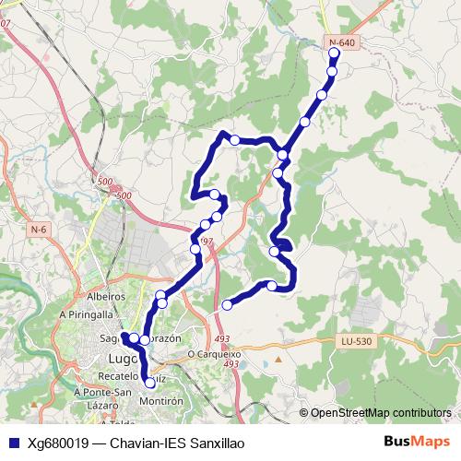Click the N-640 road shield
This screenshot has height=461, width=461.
340,42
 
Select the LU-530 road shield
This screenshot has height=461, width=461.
355,342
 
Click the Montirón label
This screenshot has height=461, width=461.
162,402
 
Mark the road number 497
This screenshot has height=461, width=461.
206,242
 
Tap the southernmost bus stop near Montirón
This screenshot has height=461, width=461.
150,382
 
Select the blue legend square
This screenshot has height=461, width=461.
12,442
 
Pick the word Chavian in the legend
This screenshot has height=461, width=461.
134,443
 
